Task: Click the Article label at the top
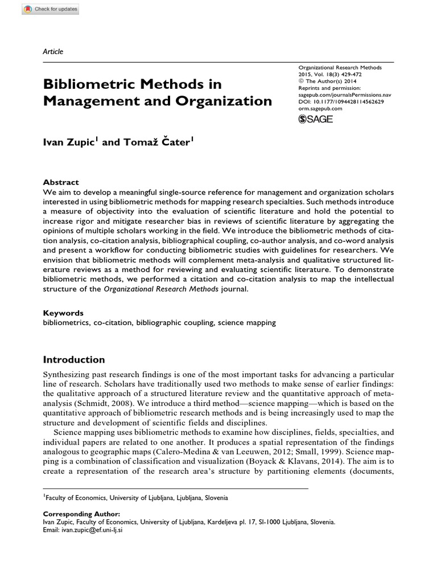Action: [x=53, y=52]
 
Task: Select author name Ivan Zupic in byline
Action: [x=70, y=142]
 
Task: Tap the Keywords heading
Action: [x=63, y=313]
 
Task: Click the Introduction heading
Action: [x=74, y=360]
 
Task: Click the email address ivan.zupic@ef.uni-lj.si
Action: [x=83, y=529]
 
